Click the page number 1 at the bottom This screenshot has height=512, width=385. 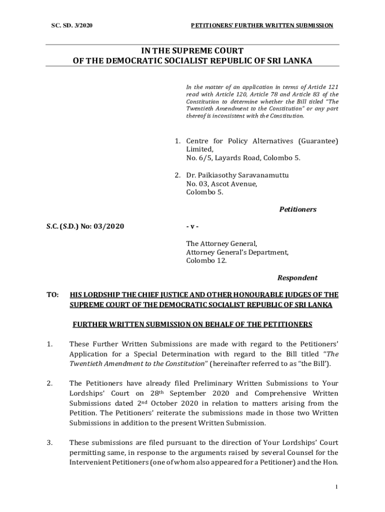coord(337,487)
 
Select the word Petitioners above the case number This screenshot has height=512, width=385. coord(297,209)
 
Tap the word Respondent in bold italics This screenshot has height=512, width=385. coord(297,277)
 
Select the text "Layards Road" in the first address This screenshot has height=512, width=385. coord(236,158)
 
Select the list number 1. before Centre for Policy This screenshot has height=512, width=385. coord(177,141)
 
